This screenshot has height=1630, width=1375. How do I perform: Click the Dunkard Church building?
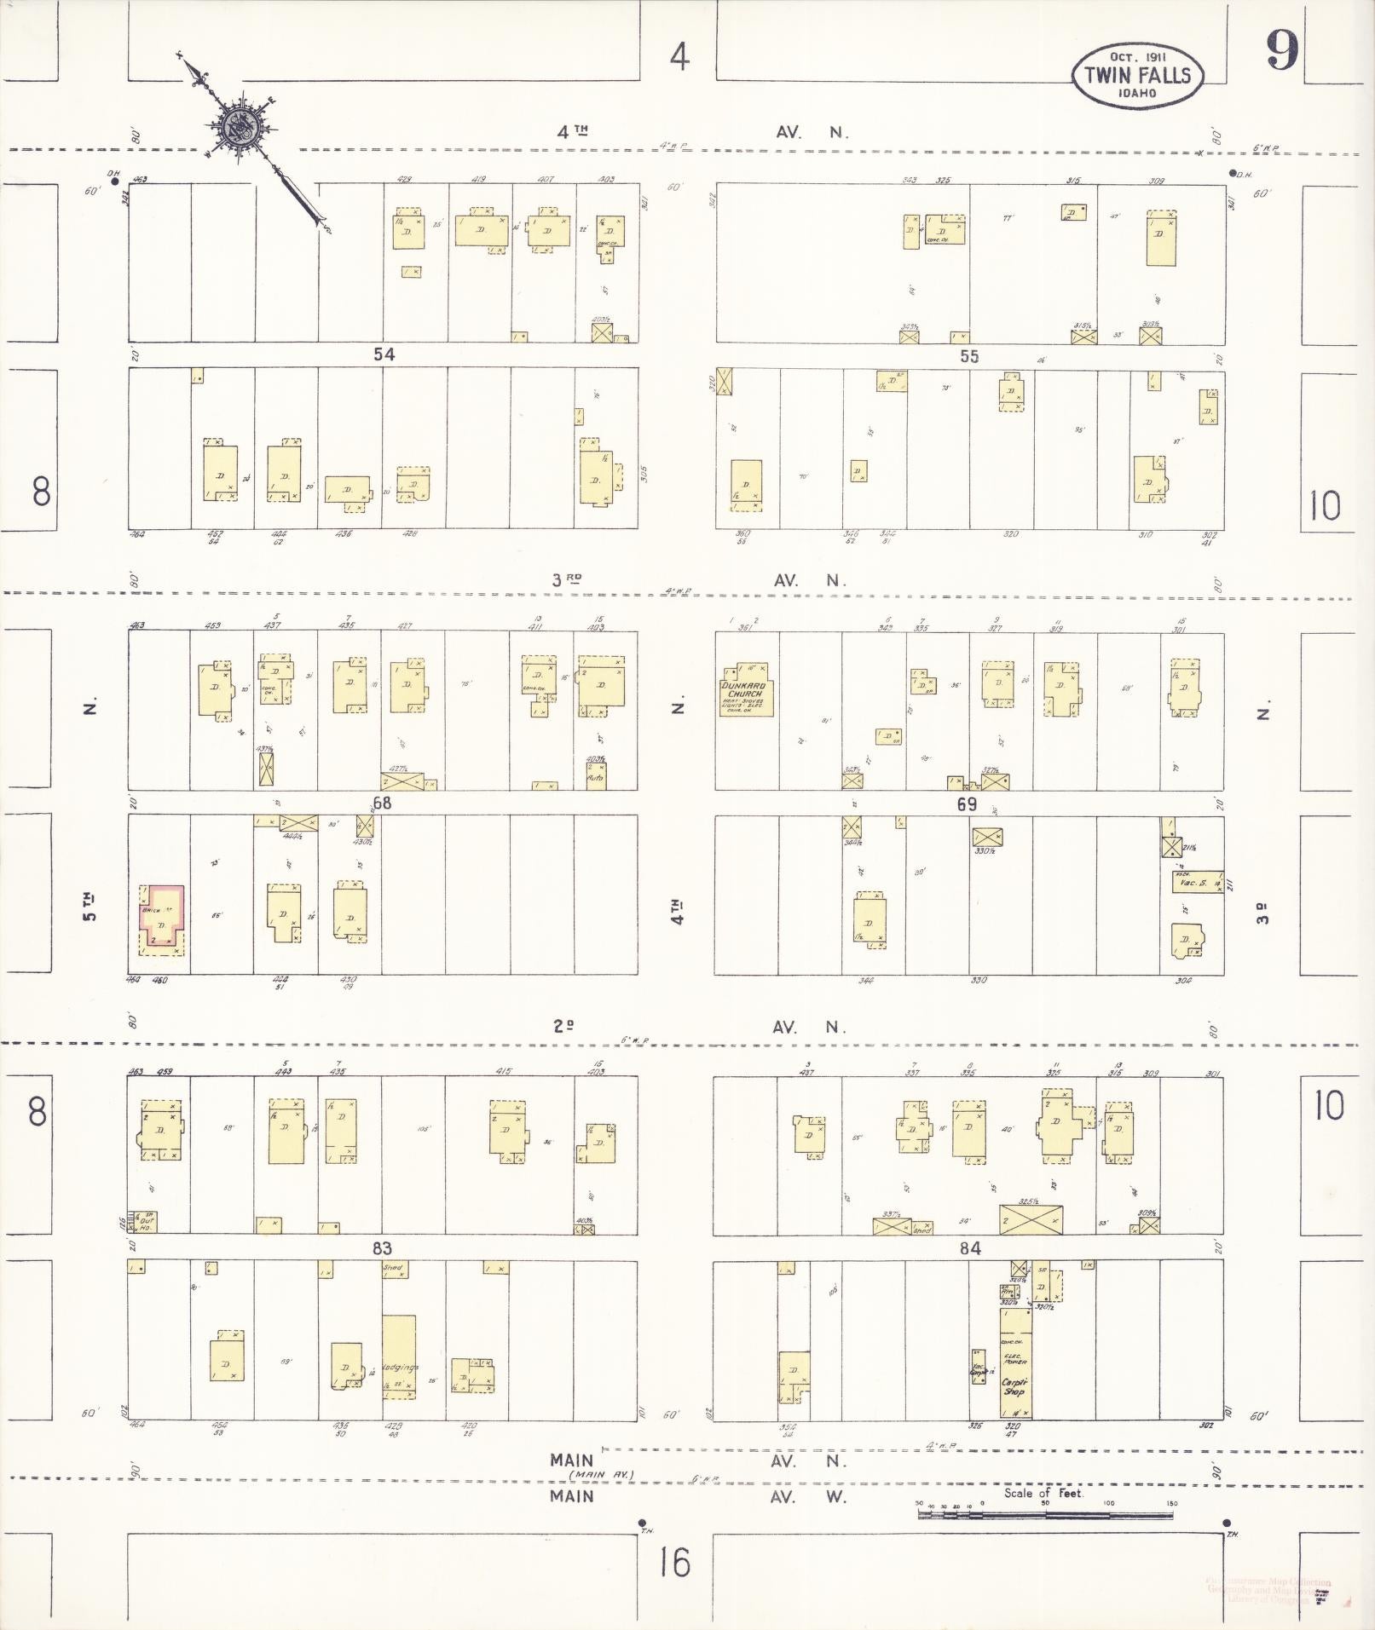[745, 690]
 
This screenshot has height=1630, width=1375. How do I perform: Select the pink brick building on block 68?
[161, 919]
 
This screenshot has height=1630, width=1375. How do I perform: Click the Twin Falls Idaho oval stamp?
[1137, 77]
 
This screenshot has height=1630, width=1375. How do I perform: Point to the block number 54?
[384, 354]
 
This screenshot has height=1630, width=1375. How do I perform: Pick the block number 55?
[969, 356]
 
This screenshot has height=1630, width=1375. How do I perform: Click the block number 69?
[966, 803]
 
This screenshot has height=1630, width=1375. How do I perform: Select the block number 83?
[381, 1248]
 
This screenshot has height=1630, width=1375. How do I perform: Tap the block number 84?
[970, 1248]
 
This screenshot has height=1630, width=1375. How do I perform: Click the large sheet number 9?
[1281, 51]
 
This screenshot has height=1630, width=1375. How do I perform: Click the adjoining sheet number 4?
[679, 57]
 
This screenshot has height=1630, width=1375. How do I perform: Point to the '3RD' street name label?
[566, 580]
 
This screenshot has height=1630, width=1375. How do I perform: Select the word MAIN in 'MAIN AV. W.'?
[571, 1496]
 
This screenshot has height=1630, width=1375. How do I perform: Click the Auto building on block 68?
[596, 776]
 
